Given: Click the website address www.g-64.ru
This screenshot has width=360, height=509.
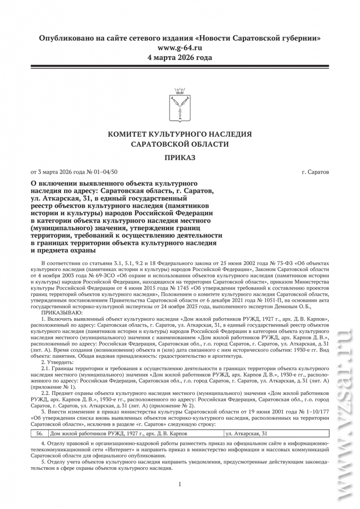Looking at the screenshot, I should click(x=180, y=48).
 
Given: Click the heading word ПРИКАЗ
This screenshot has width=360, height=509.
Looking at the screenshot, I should click(x=180, y=157).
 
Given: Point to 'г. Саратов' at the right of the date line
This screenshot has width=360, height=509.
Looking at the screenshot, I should click(x=314, y=172).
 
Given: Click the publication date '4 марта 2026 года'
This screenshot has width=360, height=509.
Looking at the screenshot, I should click(x=180, y=57).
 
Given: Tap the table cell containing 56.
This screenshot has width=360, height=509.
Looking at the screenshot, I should click(x=39, y=433).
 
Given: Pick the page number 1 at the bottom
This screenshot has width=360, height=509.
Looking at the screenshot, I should click(x=180, y=484).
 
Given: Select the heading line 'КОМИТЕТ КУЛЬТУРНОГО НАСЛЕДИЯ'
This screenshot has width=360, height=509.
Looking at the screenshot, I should click(x=180, y=134).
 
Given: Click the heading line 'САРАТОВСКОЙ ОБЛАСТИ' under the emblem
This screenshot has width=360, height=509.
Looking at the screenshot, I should click(x=180, y=144).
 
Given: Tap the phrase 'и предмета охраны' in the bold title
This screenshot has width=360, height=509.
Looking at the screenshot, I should click(x=64, y=250).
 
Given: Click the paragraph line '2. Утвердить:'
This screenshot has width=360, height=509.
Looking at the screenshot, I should click(x=59, y=362).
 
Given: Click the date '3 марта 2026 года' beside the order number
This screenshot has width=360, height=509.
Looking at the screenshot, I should click(x=55, y=172).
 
